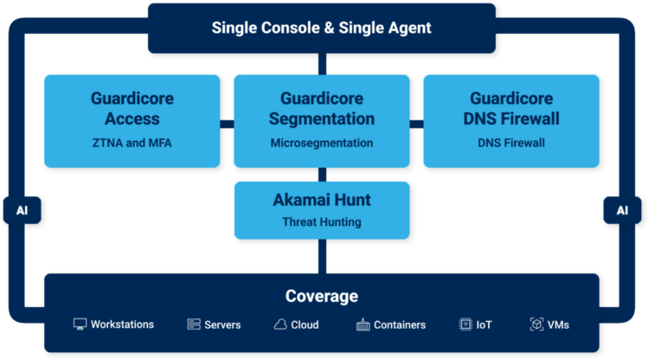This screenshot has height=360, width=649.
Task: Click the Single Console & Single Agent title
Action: click(x=321, y=28)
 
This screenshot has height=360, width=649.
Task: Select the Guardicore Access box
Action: click(x=132, y=120)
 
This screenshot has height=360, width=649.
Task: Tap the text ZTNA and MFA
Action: click(x=132, y=143)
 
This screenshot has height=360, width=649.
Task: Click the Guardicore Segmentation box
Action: click(x=321, y=120)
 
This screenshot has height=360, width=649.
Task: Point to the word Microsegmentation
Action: click(x=321, y=143)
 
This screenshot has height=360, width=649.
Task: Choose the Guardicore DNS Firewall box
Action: click(x=511, y=120)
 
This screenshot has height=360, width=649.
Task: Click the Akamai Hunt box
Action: click(x=321, y=209)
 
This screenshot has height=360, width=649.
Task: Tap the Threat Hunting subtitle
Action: click(x=321, y=222)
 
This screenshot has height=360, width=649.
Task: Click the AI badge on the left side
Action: click(x=22, y=210)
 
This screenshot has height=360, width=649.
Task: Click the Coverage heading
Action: click(x=321, y=296)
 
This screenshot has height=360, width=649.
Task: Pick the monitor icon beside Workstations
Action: click(x=80, y=325)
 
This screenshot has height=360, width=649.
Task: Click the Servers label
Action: click(x=222, y=325)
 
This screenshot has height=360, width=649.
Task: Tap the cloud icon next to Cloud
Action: click(x=280, y=325)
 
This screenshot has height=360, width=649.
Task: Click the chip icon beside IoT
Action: click(x=466, y=325)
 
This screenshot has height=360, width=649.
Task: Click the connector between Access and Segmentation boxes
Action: click(x=227, y=124)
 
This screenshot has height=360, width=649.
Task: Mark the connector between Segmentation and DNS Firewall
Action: click(x=415, y=124)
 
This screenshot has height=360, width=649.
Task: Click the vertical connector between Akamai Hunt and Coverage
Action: click(x=321, y=256)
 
